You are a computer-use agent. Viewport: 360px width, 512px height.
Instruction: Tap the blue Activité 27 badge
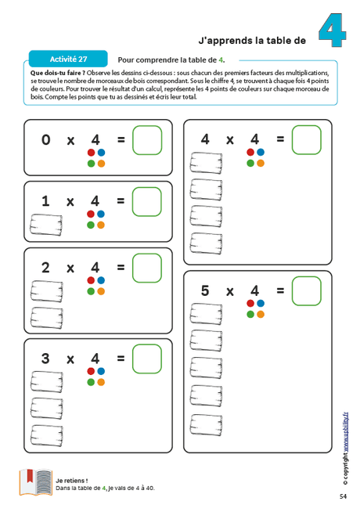tap(68, 59)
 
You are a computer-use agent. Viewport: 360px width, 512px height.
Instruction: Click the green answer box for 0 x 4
tap(146, 140)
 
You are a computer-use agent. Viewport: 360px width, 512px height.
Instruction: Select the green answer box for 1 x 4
tap(146, 201)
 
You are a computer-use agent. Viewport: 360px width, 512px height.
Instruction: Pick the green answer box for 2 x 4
tap(146, 268)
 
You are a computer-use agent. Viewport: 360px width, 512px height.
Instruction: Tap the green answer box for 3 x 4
tap(146, 359)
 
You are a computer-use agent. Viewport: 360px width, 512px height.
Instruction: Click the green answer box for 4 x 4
tap(306, 139)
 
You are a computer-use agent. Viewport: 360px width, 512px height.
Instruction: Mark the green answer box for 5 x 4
tap(306, 290)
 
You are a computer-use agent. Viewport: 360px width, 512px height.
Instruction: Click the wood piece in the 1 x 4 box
tap(45, 225)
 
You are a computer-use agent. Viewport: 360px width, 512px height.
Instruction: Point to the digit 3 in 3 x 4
tap(45, 359)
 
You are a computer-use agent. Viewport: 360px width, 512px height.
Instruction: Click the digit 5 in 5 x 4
tap(205, 290)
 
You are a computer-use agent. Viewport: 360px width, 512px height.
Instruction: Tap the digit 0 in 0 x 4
tap(45, 140)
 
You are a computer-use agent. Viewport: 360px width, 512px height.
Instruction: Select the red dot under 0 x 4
tap(91, 153)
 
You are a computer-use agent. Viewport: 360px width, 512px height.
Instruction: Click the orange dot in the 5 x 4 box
tap(261, 314)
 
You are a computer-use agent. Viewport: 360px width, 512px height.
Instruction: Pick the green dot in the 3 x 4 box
tap(91, 382)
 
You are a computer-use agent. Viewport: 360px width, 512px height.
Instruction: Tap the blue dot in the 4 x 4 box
tap(261, 152)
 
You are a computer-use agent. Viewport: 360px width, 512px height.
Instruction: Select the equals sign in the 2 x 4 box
tap(121, 268)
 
